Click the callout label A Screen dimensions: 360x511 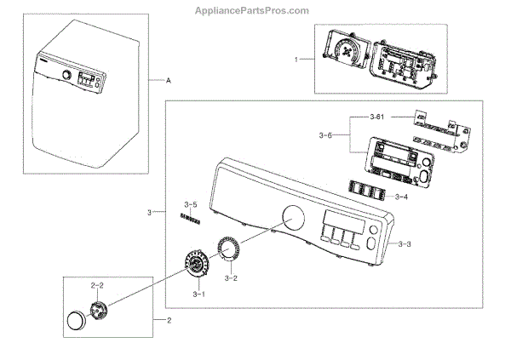[x=169, y=79]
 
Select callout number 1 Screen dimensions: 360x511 [x=296, y=60]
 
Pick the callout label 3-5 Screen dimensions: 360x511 [x=190, y=204]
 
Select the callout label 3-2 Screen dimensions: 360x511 [x=231, y=277]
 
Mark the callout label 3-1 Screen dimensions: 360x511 [x=199, y=294]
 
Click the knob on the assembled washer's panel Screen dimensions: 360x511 [x=66, y=75]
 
